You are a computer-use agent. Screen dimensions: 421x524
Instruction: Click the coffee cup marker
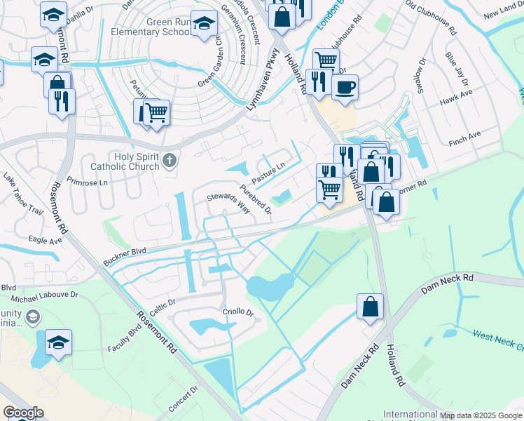click(345, 88)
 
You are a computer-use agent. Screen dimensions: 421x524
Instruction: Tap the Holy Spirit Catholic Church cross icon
click(168, 162)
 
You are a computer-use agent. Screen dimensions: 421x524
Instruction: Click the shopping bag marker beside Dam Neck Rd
click(370, 307)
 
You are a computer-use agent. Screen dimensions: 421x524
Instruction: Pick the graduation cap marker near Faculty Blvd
click(59, 342)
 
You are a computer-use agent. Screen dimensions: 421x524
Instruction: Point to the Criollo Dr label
click(237, 311)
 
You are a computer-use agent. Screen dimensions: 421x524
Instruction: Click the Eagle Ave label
click(46, 239)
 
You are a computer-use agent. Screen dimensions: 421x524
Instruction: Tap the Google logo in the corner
click(23, 413)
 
